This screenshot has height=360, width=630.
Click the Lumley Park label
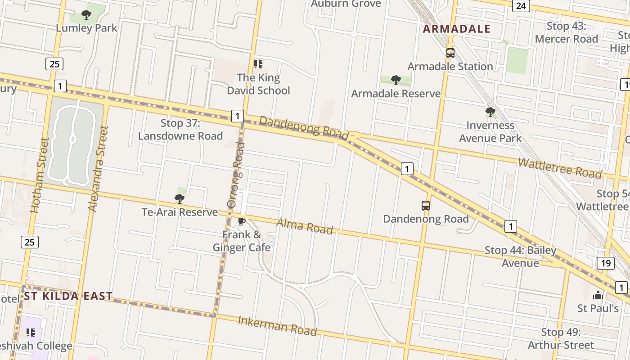pos(86,28)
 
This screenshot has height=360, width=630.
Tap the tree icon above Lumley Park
pos(86,15)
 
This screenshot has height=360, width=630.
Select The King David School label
pos(258,84)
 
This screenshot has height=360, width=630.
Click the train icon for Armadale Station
pos(450,53)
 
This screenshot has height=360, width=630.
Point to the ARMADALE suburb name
pos(457,29)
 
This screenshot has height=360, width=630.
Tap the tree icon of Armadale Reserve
pos(396,80)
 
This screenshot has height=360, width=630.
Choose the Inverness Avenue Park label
pos(490,132)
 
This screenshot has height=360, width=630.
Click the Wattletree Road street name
pos(560,167)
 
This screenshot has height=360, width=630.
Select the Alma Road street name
pos(305,226)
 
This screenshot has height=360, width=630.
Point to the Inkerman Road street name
pos(277,326)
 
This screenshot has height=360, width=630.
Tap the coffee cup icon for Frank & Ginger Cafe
pos(242,221)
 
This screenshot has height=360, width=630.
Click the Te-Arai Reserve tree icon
pos(180,198)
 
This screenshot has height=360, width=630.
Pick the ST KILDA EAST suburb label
pos(68,296)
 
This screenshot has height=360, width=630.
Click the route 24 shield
pos(521,6)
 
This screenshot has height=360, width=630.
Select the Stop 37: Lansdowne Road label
pos(180,130)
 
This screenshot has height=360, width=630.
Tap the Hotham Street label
pos(39,175)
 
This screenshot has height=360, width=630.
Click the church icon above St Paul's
pos(598,295)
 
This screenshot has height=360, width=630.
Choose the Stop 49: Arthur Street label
pos(561,339)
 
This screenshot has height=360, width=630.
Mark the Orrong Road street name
pos(235,175)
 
